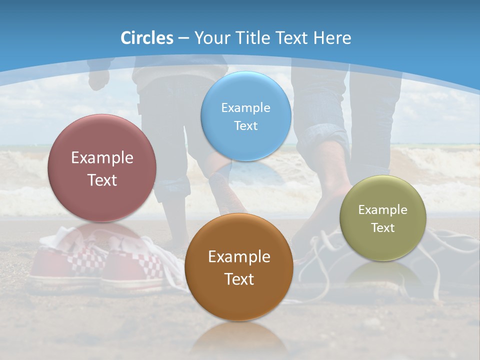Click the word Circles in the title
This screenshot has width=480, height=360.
pos(147,38)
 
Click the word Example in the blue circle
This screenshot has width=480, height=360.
pos(246,108)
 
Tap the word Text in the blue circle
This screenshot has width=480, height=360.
pos(246,126)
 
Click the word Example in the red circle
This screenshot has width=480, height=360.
pos(102,158)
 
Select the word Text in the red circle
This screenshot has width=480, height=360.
pos(102,180)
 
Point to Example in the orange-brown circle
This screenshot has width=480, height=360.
pos(239,257)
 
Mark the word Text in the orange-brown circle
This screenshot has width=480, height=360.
pos(239,279)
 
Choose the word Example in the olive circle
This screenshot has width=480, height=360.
pos(383,210)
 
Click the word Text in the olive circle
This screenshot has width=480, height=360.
pos(383,228)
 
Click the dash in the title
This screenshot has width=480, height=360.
pos(183,38)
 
